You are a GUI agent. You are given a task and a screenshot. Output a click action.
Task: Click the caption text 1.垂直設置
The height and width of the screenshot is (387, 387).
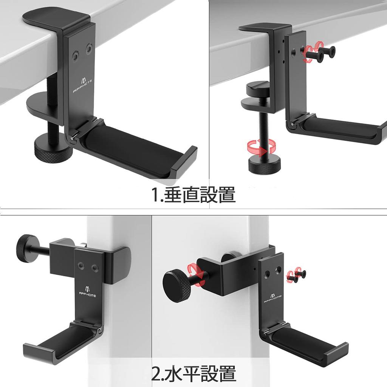pyautogui.click(x=193, y=195)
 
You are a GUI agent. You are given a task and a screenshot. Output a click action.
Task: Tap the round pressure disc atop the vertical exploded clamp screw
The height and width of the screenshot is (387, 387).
pyautogui.click(x=257, y=90)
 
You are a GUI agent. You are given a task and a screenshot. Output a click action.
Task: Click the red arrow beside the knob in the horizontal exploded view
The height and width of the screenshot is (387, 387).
pyautogui.click(x=198, y=274)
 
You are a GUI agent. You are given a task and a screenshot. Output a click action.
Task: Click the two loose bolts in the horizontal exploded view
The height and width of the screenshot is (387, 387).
pyautogui.click(x=297, y=276)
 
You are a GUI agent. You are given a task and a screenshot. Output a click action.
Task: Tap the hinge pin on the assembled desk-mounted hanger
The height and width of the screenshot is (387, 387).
pyautogui.click(x=71, y=138)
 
